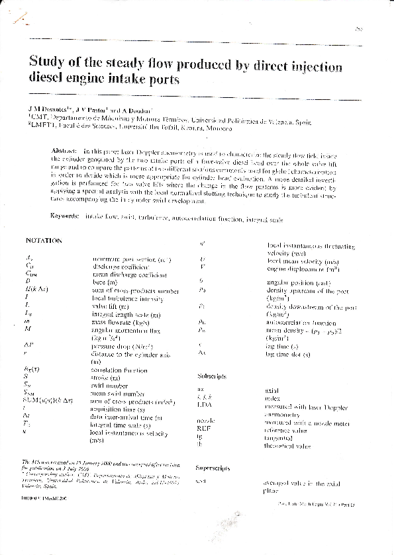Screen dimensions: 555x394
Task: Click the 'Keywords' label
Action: point(66,216)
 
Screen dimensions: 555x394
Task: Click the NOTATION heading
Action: point(44,241)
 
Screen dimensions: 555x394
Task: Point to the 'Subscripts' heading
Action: point(213,376)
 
